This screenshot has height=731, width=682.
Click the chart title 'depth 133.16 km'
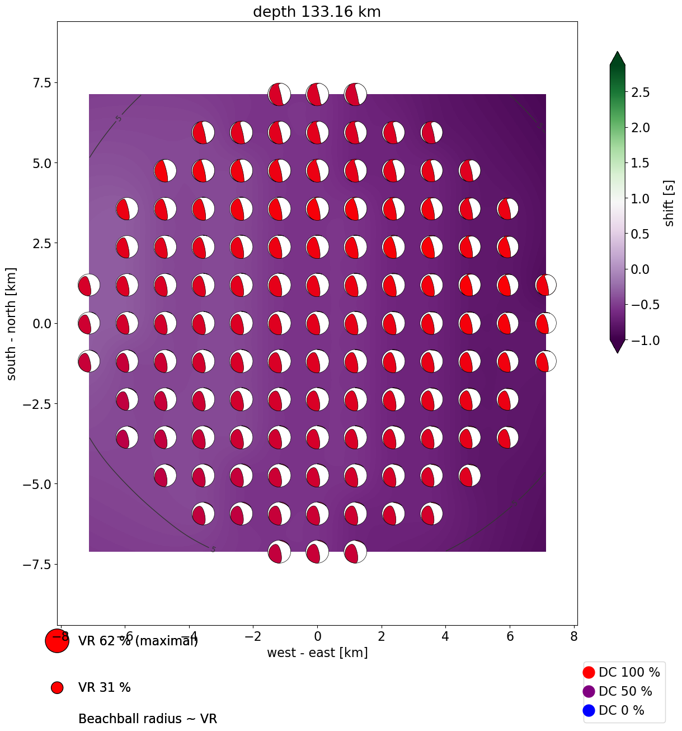[x=317, y=12]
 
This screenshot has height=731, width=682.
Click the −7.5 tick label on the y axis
[x=35, y=564]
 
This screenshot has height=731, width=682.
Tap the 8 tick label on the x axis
[x=573, y=636]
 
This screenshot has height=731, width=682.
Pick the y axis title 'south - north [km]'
[x=11, y=323]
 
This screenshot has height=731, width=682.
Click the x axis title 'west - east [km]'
[x=317, y=653]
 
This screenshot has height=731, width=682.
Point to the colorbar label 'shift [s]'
[x=669, y=203]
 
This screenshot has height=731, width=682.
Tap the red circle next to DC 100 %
[x=589, y=672]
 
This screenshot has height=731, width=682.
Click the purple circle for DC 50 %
[x=589, y=691]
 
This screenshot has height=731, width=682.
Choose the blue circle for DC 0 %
[x=589, y=710]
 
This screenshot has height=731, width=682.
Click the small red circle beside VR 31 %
[x=57, y=687]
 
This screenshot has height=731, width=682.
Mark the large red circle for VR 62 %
[x=57, y=641]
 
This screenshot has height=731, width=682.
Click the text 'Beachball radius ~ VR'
[x=147, y=719]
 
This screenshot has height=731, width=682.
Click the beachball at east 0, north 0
[x=317, y=323]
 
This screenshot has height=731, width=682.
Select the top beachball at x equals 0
[x=317, y=94]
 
